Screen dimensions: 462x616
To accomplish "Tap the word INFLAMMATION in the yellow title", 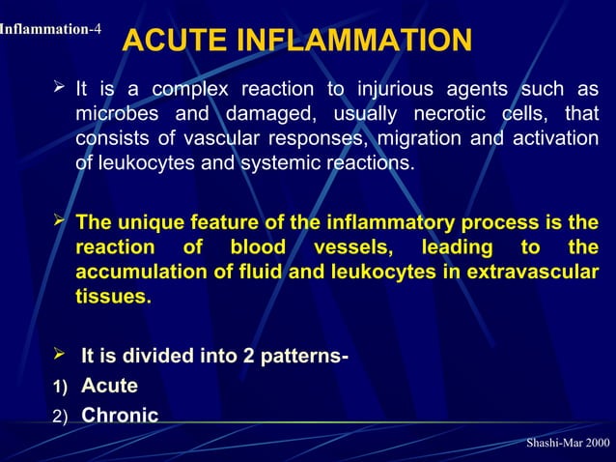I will [350, 42].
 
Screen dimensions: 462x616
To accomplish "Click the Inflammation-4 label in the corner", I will [50, 29].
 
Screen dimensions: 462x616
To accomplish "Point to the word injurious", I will [396, 90].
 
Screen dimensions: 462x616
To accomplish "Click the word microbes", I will [116, 114].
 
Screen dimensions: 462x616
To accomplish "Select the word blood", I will [258, 248].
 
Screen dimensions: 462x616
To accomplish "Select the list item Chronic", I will [120, 416].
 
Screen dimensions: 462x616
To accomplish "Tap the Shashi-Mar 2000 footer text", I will [568, 442].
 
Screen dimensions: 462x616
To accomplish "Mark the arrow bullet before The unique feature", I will [59, 223].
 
